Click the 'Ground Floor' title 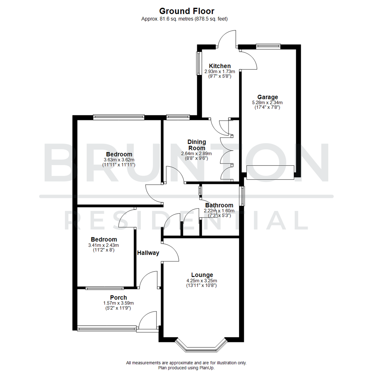(186, 12)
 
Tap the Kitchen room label (220, 66)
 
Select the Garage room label (267, 97)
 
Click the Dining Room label (197, 145)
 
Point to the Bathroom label (219, 205)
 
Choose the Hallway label (148, 253)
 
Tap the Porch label (118, 297)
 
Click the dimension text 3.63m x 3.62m (119, 160)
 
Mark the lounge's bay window (202, 347)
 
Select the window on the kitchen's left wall (199, 63)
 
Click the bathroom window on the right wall (242, 195)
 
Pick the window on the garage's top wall (268, 45)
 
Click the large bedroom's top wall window (118, 117)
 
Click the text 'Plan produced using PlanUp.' (186, 368)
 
